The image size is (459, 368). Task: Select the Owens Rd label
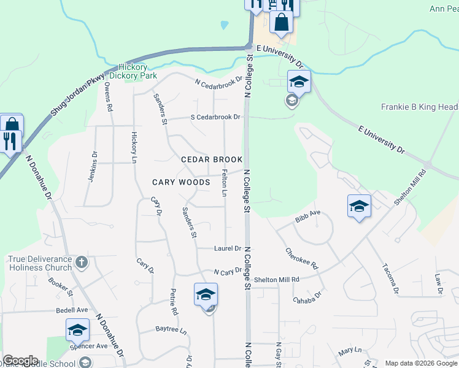(x=109, y=97)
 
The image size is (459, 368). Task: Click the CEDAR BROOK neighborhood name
(x=212, y=159)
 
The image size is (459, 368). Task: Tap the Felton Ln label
(x=225, y=183)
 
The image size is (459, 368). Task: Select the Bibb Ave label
(x=307, y=213)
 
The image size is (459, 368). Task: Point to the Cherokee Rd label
(x=301, y=259)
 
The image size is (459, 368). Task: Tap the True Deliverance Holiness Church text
(x=40, y=264)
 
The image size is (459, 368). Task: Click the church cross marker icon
(x=83, y=263)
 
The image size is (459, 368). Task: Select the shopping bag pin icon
(x=281, y=22)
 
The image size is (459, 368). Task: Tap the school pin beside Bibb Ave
(x=359, y=206)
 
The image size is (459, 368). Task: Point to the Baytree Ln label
(x=170, y=329)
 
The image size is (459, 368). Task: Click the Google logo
(x=20, y=361)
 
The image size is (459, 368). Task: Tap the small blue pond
(x=224, y=25)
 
